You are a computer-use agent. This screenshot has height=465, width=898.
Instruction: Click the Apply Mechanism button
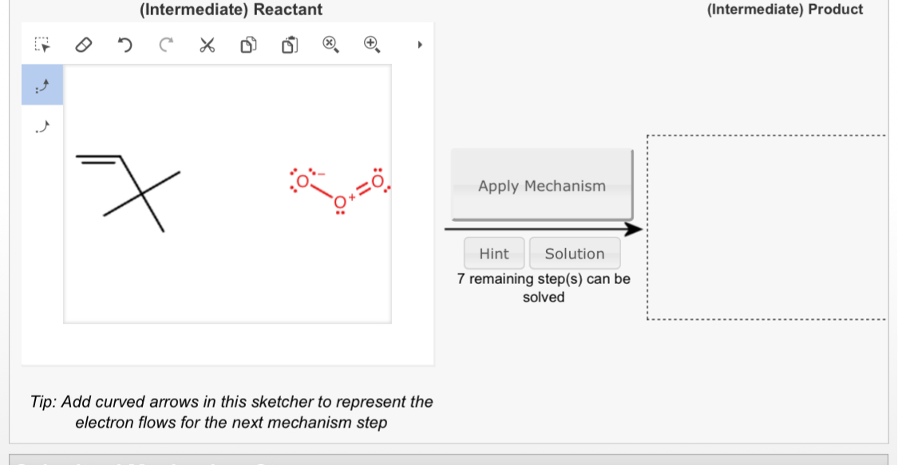point(542,186)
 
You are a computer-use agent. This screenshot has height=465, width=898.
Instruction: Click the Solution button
point(574,254)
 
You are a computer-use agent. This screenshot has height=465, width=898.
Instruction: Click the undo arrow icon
point(125,45)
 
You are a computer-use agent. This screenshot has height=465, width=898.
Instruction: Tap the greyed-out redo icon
point(164,45)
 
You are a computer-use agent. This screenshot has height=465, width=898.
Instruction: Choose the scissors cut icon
point(206,45)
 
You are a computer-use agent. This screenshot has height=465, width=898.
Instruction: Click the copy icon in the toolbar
point(247,45)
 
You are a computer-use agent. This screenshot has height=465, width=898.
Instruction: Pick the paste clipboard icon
point(289,45)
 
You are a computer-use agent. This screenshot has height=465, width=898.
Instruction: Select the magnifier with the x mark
point(330,45)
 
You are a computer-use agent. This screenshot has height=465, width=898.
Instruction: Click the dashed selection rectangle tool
point(42,45)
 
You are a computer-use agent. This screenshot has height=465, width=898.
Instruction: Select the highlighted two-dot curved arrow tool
point(42,85)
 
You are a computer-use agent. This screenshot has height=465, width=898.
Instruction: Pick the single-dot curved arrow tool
point(42,126)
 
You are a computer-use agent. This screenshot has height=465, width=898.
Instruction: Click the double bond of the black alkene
point(100,158)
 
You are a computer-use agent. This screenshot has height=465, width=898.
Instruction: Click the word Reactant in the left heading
point(288,10)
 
